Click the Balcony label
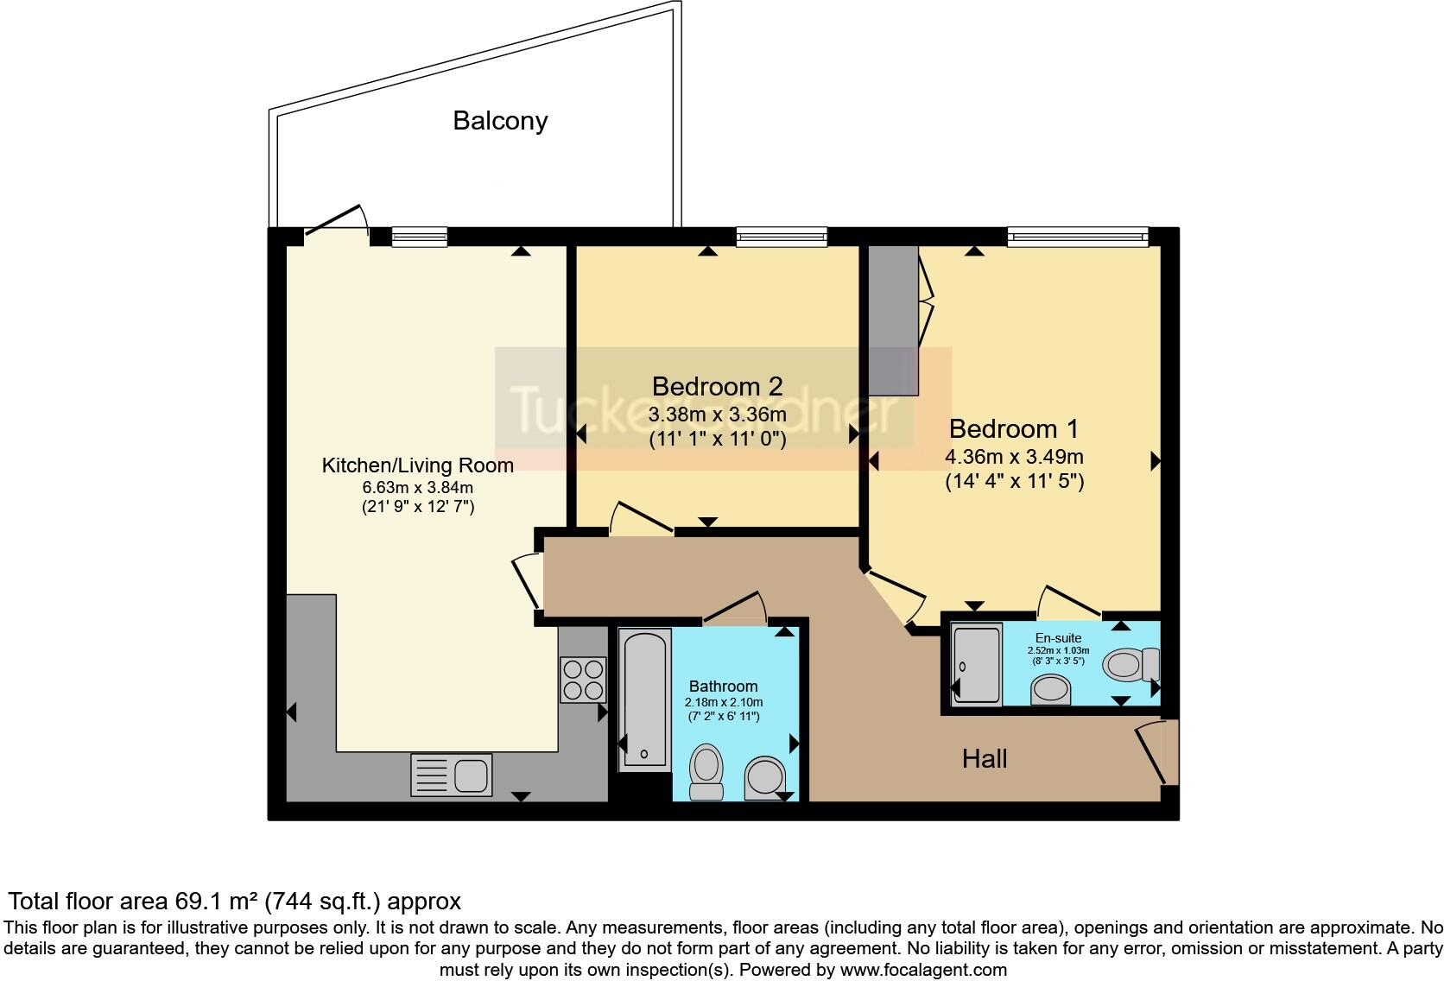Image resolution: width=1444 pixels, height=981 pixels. click(500, 121)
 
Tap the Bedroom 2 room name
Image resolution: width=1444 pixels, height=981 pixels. click(717, 386)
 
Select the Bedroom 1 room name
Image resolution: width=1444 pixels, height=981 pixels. click(1014, 429)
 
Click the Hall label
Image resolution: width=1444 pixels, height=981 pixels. click(985, 759)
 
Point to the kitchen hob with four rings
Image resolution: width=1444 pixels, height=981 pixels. click(583, 679)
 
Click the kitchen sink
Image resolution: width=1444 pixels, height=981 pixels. click(452, 774)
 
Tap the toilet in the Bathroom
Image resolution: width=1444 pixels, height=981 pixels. click(706, 771)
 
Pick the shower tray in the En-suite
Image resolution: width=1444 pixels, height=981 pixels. click(977, 665)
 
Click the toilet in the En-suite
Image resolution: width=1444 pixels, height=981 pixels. click(1132, 665)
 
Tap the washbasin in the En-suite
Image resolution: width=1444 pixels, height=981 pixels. click(1051, 690)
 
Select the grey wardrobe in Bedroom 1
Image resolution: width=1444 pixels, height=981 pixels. click(893, 320)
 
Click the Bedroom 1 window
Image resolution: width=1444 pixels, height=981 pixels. click(1077, 236)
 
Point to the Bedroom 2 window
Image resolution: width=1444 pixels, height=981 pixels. click(782, 236)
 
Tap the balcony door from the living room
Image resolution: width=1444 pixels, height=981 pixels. click(337, 223)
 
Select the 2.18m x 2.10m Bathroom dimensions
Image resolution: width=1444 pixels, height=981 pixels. click(724, 702)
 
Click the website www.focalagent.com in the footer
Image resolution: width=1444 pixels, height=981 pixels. click(923, 970)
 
